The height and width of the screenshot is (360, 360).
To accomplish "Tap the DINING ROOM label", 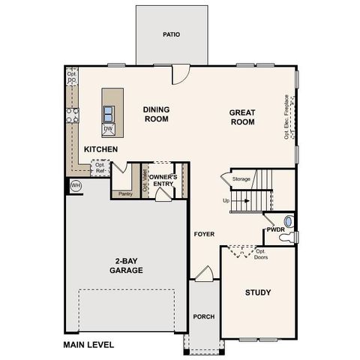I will point(156,113).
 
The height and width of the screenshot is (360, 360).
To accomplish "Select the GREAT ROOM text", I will point(242,116).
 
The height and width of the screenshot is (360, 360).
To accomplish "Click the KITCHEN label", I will point(100,149).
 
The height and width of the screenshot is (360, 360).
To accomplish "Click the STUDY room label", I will point(257,292).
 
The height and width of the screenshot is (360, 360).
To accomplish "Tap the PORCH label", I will point(203,316).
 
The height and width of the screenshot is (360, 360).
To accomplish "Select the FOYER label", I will point(204,234).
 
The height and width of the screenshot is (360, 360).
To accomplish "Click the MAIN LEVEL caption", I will point(88,345).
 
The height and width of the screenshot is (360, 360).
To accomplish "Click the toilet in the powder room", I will point(286,237).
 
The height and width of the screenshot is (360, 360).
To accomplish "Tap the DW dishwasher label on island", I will point(108,129).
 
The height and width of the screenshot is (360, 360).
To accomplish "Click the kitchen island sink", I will point(109,113).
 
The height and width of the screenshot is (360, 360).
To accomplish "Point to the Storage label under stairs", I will point(241,179).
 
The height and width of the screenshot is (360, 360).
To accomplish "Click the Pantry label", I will point(124,193).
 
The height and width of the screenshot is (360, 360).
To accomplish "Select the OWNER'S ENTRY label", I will point(163,180).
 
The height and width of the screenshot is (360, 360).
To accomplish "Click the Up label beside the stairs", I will point(226,201).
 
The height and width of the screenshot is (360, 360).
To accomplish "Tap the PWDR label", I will point(274,230).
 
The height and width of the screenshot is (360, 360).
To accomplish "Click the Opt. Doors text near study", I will point(261,256).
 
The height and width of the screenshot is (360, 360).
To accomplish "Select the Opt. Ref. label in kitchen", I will point(100,167).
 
